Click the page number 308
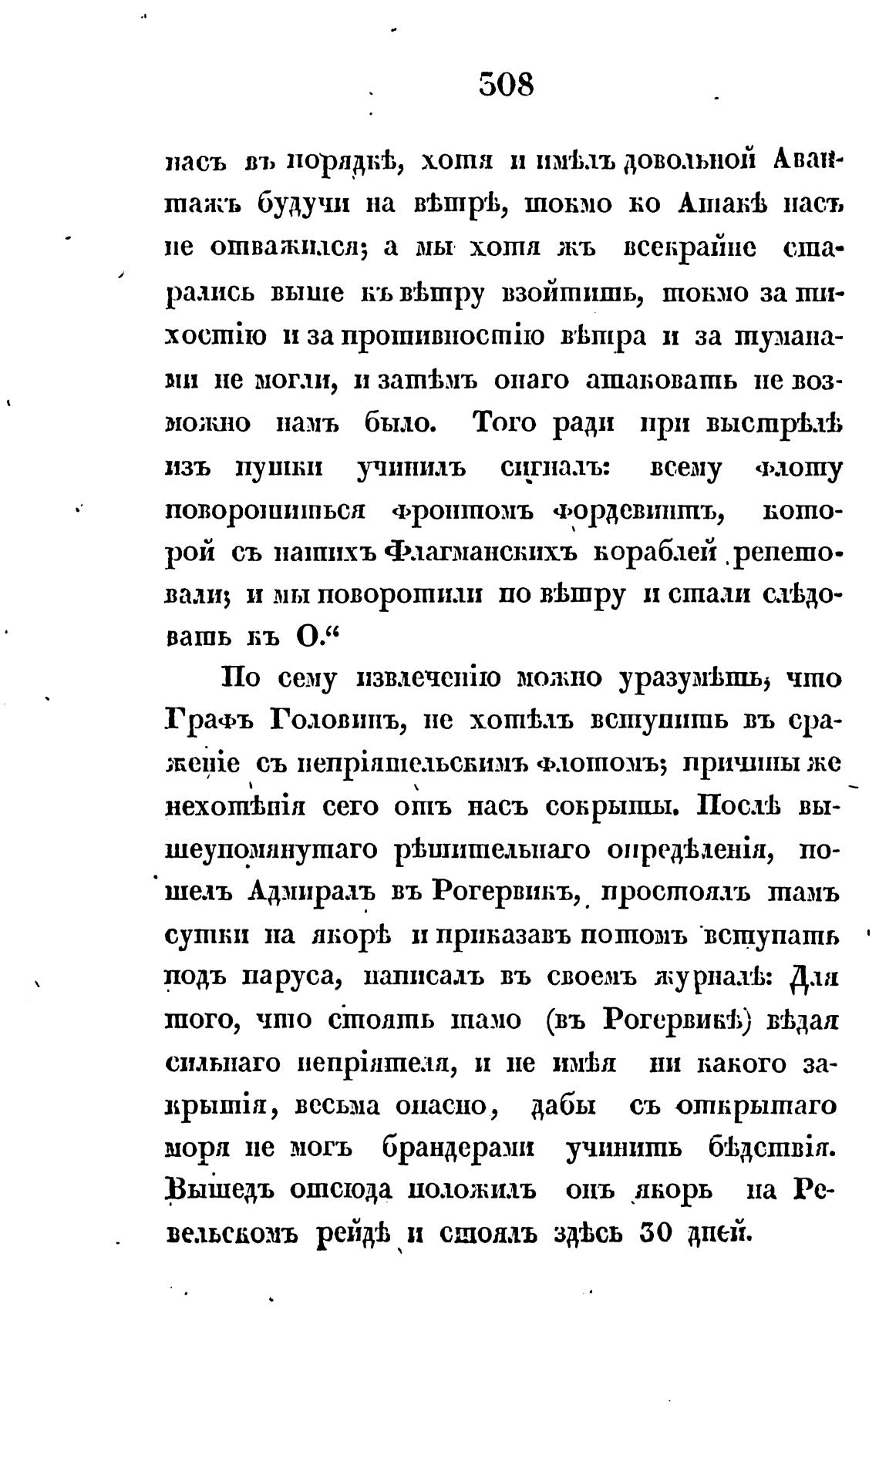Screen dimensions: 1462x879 pyautogui.click(x=506, y=83)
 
